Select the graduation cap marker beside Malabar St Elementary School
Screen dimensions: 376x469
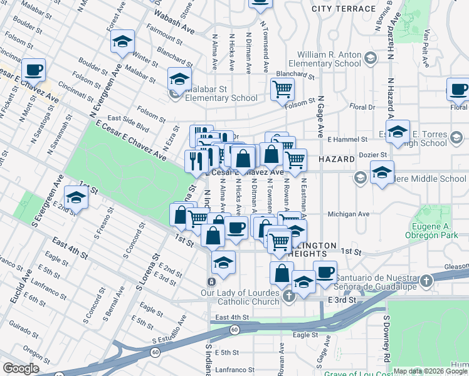click(179, 80)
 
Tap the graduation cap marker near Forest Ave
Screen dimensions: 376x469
click(122, 42)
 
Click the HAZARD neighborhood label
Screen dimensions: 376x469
click(337, 160)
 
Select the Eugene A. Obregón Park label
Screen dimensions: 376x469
click(438, 230)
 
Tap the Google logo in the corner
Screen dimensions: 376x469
click(21, 368)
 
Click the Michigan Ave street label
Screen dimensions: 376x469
click(345, 214)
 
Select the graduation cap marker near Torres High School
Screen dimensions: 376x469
click(398, 132)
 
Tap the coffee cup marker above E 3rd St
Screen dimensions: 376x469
click(325, 272)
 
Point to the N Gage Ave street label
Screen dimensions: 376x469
click(320, 118)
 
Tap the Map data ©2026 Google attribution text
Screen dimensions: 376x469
click(430, 371)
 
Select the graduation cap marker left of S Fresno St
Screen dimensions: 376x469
click(76, 197)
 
